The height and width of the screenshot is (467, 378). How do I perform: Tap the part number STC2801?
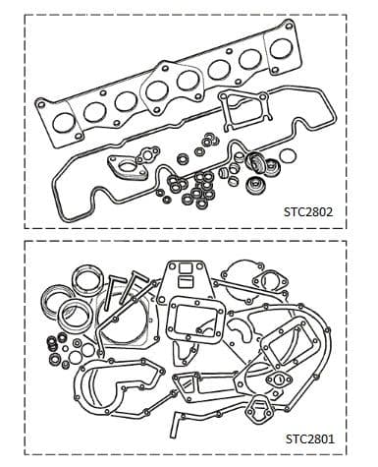(x=322, y=438)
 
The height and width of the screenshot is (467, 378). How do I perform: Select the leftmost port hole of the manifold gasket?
(x=65, y=123)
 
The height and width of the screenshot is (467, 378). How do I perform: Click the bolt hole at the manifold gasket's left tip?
(x=40, y=101)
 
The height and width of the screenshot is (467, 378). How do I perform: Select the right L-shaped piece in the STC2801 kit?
(x=143, y=289)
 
